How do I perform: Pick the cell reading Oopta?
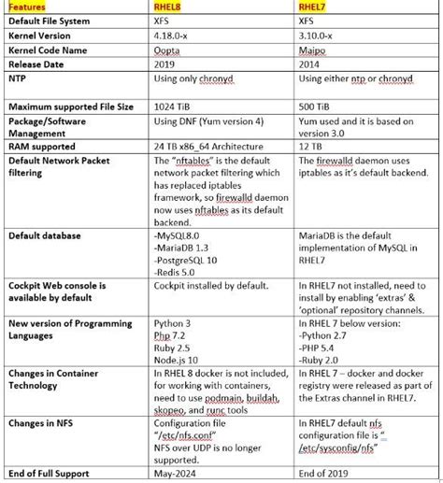pos(165,50)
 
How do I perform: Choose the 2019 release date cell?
pos(163,64)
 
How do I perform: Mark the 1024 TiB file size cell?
pos(171,107)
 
